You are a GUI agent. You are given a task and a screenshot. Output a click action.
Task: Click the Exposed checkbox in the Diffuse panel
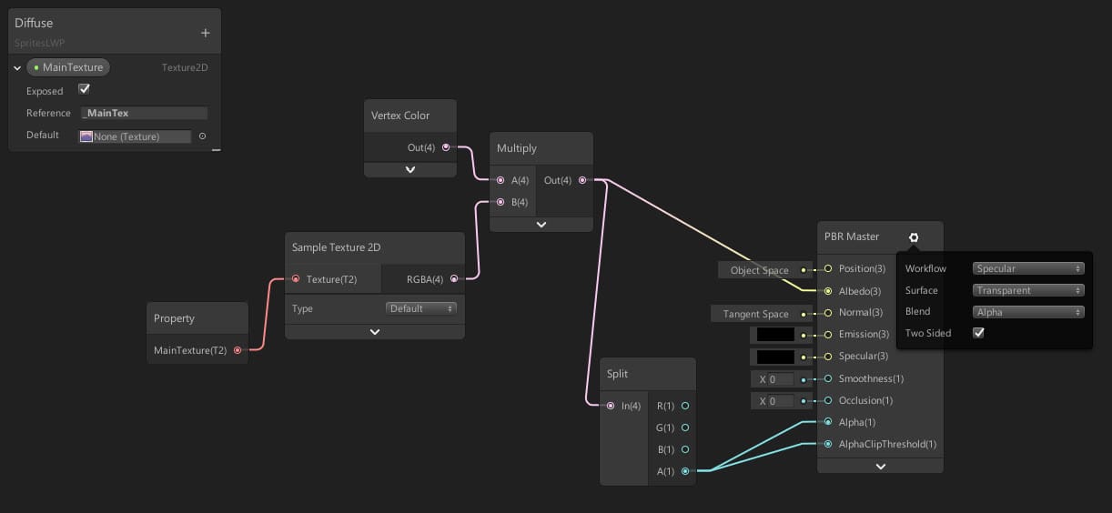(x=85, y=89)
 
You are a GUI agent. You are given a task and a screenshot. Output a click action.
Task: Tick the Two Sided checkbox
(x=978, y=333)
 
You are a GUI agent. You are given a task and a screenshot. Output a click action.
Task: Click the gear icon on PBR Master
(x=914, y=237)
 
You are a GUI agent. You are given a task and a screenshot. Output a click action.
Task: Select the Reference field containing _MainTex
(x=144, y=113)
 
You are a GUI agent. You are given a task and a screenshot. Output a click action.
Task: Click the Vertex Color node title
(x=400, y=116)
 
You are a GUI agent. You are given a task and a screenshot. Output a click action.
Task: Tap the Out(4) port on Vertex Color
(x=445, y=147)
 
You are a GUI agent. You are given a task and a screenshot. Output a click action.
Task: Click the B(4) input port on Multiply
(x=499, y=202)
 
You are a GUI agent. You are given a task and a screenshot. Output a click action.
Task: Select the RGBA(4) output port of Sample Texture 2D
(x=454, y=279)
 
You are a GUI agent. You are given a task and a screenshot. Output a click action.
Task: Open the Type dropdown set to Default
(x=421, y=308)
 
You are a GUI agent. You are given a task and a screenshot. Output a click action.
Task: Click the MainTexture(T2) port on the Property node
(x=238, y=350)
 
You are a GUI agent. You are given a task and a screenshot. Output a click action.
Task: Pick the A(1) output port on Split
(x=685, y=471)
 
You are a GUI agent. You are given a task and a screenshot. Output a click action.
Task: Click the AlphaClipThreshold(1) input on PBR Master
(x=828, y=445)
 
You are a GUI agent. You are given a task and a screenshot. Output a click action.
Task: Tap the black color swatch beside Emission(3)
(x=775, y=335)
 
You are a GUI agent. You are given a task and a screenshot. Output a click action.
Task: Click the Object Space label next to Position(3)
(x=759, y=270)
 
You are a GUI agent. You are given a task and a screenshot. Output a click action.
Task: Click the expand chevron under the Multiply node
(x=541, y=224)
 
